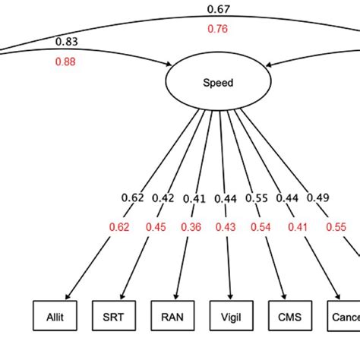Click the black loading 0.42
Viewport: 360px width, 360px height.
click(163, 198)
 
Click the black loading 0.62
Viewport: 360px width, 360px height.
click(132, 198)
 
